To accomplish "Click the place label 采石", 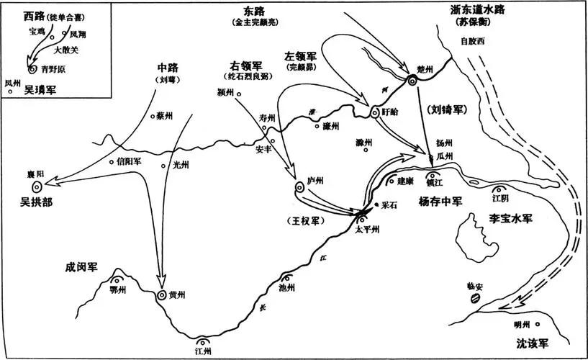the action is tap(390, 205).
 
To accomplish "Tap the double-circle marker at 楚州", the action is tap(413, 81).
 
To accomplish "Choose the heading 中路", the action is tap(166, 69).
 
